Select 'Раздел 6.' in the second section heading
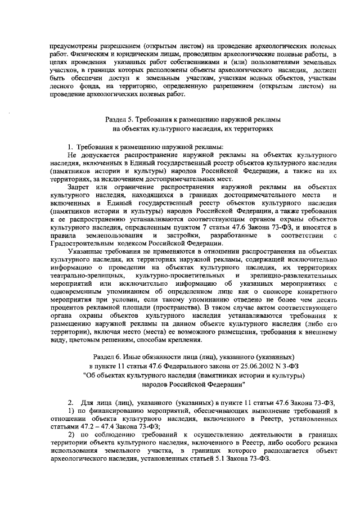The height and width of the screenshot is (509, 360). click(x=113, y=357)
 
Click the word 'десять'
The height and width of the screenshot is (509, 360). click(x=326, y=301)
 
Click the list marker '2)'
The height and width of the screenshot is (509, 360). click(x=71, y=435)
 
